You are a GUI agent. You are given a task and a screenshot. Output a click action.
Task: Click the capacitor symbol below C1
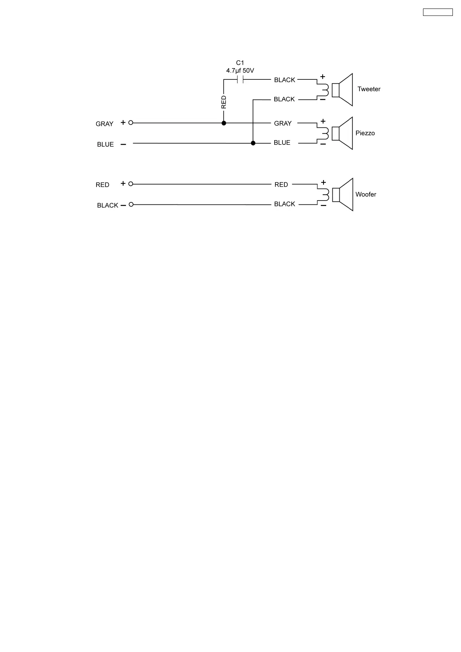point(240,80)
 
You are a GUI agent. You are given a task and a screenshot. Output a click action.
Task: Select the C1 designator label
point(240,63)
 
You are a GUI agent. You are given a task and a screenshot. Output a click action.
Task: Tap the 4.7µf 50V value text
point(240,71)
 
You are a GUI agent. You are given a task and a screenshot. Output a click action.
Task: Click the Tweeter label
point(369,89)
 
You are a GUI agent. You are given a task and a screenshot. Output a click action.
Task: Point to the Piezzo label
point(365,133)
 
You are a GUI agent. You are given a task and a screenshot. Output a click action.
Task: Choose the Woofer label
point(366,194)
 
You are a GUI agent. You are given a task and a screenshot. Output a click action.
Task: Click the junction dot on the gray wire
point(224,123)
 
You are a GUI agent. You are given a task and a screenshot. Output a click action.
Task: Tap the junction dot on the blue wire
point(253,143)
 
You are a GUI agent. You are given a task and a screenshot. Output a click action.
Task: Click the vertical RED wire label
point(224,102)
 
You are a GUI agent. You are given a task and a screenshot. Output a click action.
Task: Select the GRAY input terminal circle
point(131,123)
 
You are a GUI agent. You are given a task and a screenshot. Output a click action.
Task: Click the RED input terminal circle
point(131,184)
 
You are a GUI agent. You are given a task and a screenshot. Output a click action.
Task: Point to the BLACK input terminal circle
point(131,204)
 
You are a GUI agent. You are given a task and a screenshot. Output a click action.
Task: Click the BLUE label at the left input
point(105,144)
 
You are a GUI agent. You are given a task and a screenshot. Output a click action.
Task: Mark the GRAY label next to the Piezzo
point(283,124)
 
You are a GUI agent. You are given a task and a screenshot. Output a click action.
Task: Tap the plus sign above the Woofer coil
point(323,182)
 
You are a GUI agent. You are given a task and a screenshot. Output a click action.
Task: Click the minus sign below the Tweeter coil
point(323,100)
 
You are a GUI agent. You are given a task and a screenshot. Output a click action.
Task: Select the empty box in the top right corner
point(438,12)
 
